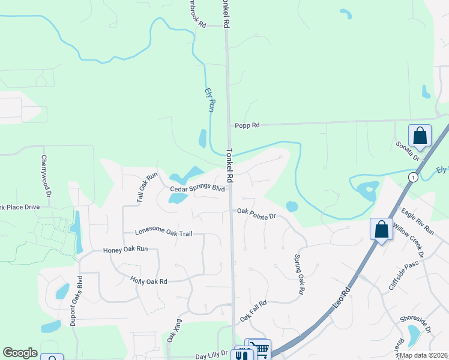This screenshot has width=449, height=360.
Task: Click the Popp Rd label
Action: coord(247,125)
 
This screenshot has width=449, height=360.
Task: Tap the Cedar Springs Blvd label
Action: coord(197,188)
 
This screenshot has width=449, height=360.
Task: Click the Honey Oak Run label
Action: coord(125,250)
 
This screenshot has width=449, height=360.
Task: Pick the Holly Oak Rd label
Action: coord(148,280)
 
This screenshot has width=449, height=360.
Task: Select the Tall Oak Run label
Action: coord(146,188)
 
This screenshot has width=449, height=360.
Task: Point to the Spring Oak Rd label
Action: coord(298,274)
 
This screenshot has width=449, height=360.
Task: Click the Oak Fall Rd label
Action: coord(253,310)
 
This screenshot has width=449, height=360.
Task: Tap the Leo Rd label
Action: coord(340,299)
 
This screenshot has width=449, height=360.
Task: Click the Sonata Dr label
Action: coord(408,151)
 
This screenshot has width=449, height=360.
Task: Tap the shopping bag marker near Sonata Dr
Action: coord(420,136)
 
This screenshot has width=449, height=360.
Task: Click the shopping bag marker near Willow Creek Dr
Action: coord(381,229)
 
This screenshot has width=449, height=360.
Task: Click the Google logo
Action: coord(20,353)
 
